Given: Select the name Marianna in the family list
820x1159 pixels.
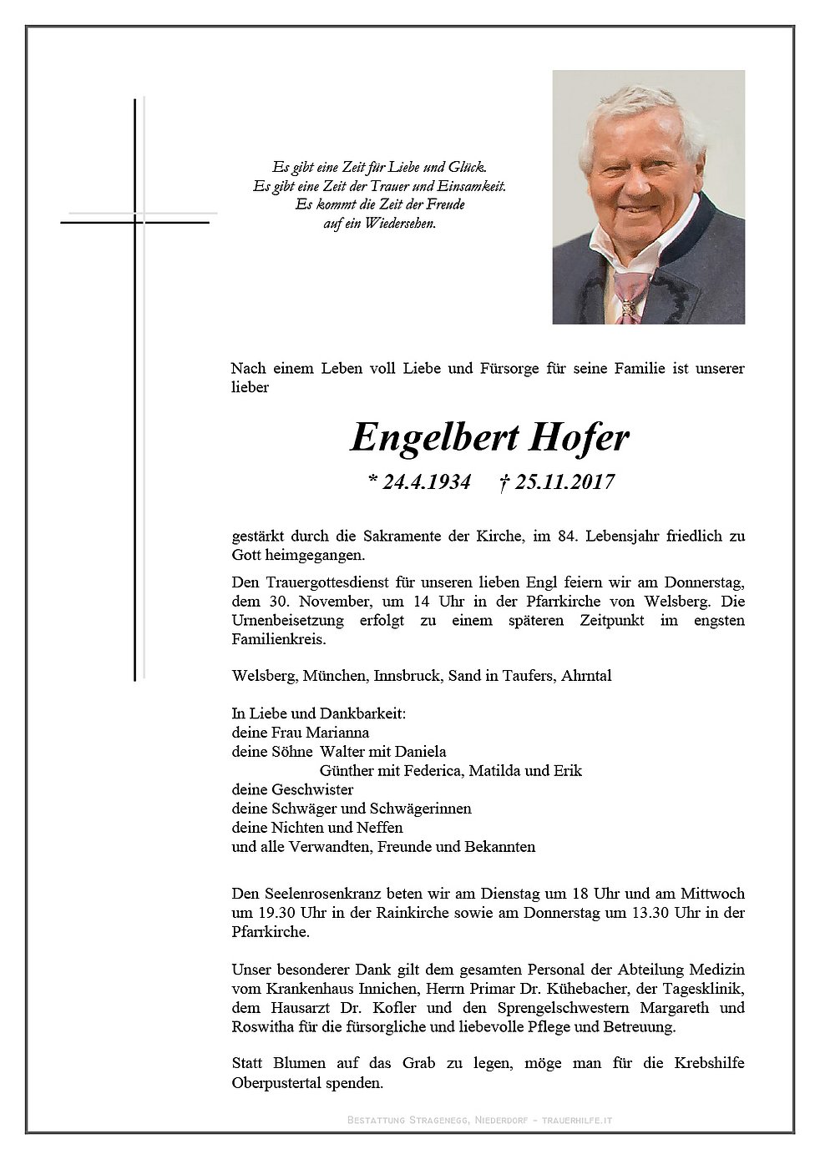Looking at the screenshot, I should [337, 733].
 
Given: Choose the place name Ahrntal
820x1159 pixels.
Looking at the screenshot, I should [587, 676].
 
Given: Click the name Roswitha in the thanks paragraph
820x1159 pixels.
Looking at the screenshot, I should [261, 1027].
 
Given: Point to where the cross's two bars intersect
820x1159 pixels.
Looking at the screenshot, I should [134, 223].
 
